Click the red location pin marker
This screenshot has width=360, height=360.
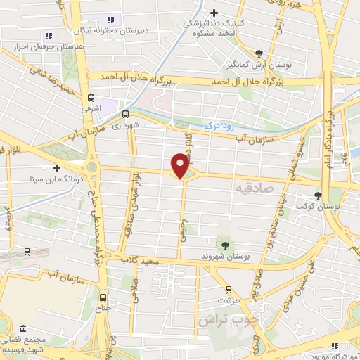pos(181,166)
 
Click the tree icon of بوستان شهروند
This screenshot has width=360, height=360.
pos(224,245)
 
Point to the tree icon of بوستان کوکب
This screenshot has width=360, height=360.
pos(319,196)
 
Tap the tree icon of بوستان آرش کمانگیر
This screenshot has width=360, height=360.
pos(259,53)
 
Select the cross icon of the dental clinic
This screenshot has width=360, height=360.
pos(214,12)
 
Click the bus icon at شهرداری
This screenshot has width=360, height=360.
pos(126,114)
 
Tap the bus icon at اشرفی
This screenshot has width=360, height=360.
pos(91,99)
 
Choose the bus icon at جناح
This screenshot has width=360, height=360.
pos(104,297)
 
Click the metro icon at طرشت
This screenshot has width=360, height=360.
pos(228,290)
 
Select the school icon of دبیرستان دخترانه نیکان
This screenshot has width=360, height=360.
pos(109,20)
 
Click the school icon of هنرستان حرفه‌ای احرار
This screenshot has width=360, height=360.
pos(48,35)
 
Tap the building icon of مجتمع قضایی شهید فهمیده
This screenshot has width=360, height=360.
pos(24,328)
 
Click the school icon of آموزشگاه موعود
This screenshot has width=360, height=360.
pos(335,345)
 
